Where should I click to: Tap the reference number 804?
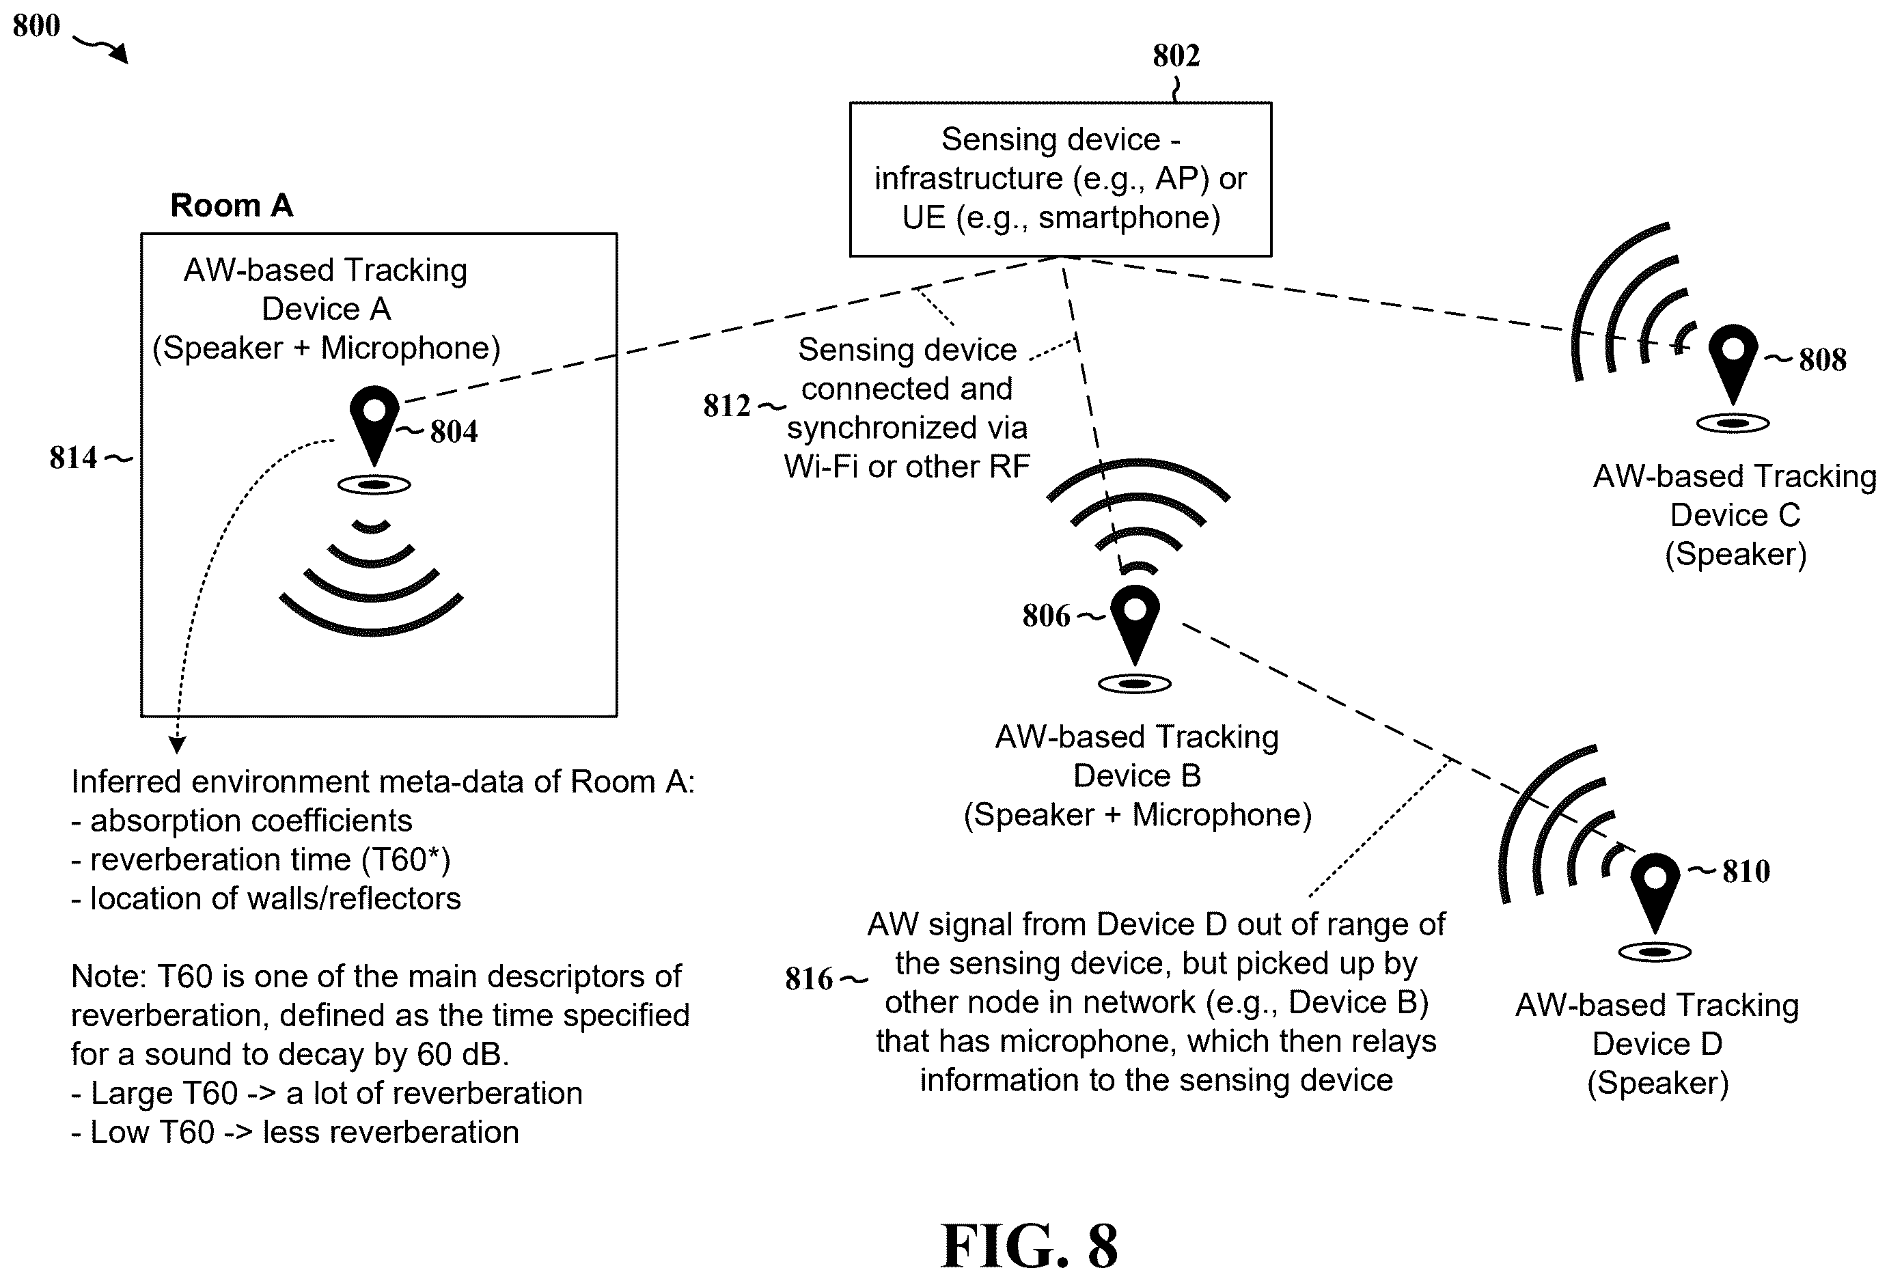point(454,432)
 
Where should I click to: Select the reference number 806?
point(1046,616)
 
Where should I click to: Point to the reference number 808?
point(1822,359)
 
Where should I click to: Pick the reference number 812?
point(727,406)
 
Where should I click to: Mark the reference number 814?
point(73,458)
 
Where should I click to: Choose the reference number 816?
point(809,978)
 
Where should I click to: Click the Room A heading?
point(232,206)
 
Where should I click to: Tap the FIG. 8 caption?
point(1029,1246)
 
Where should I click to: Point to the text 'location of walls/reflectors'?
point(275,899)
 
